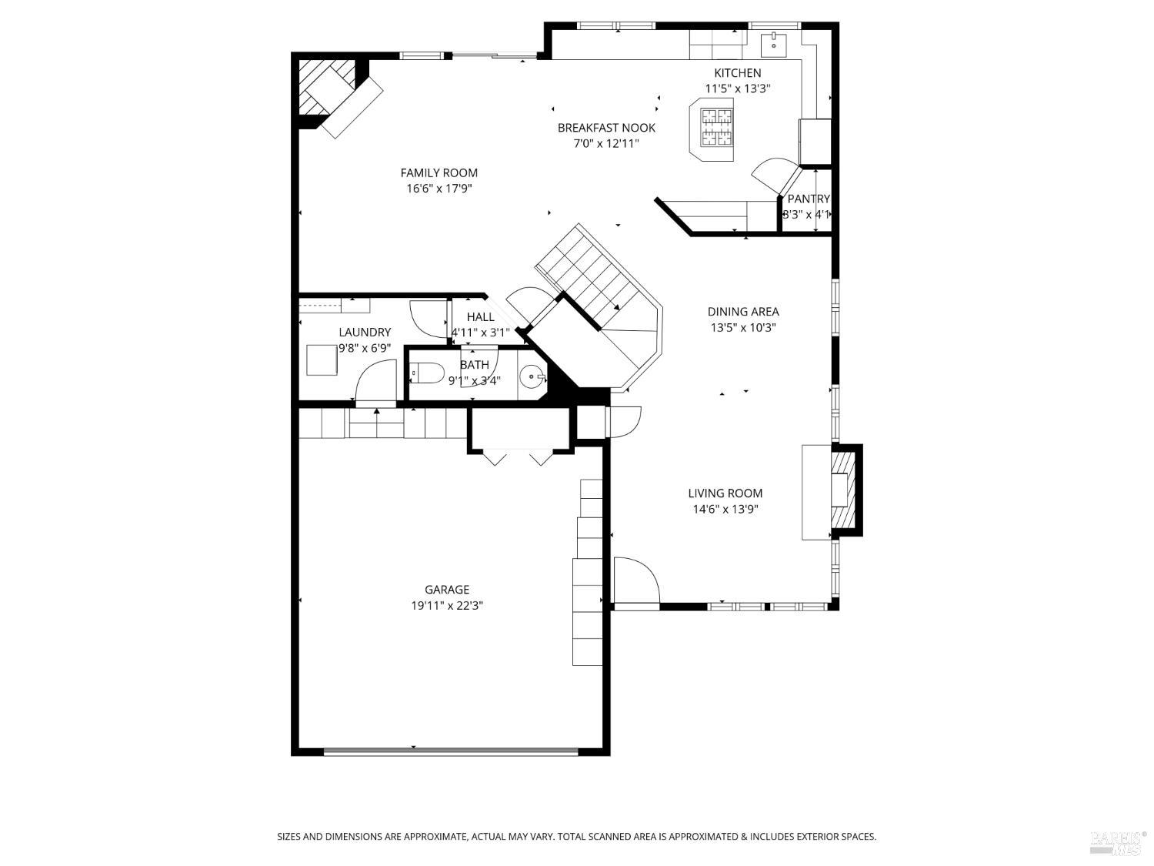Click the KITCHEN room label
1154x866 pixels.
[x=737, y=73]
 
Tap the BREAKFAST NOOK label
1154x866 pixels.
[x=606, y=128]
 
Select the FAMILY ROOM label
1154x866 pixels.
[x=439, y=173]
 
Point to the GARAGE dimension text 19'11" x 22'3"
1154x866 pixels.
[x=446, y=606]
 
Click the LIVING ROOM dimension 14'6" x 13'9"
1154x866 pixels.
[x=725, y=509]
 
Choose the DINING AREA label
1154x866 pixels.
[x=742, y=312]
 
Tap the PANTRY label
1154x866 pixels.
[x=808, y=199]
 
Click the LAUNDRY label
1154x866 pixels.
[x=365, y=333]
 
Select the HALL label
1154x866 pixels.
[x=480, y=317]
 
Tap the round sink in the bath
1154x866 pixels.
[x=532, y=377]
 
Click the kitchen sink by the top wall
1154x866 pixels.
[x=773, y=45]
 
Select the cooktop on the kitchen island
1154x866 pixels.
[x=716, y=127]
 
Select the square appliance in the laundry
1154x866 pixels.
[x=322, y=360]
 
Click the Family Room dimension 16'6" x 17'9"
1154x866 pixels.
[x=439, y=189]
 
